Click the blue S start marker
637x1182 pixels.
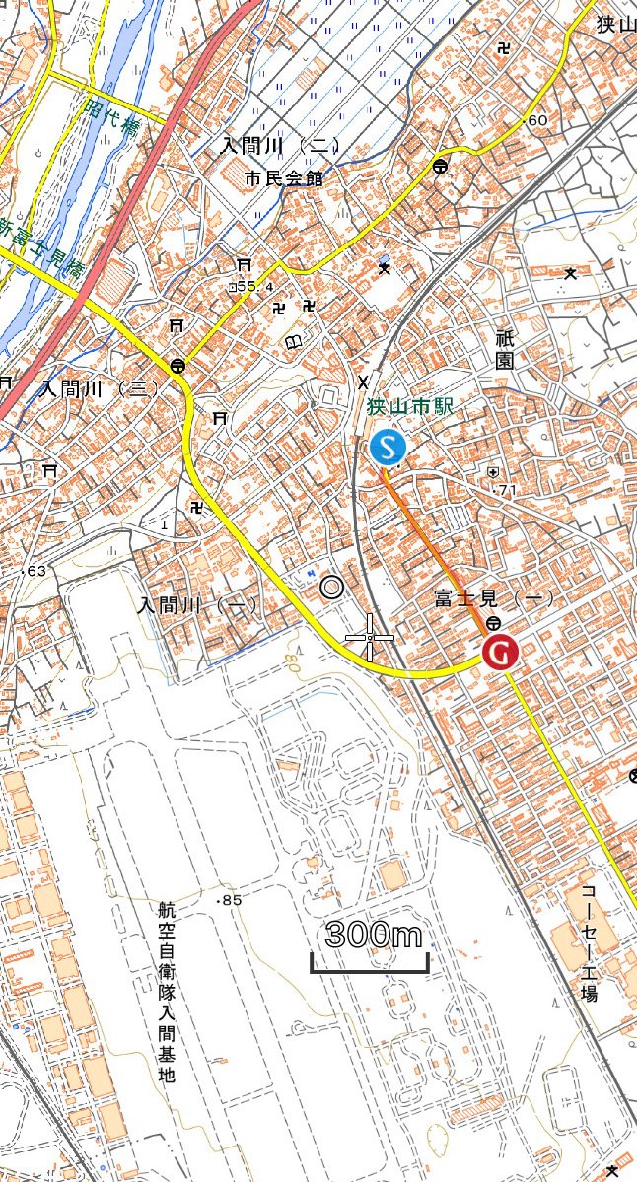(x=387, y=447)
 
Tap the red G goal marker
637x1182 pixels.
(x=501, y=652)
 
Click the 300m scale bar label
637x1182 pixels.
(x=373, y=935)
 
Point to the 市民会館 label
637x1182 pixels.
(x=284, y=179)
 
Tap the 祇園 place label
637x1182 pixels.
(x=504, y=349)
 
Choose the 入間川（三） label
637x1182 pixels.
(x=99, y=387)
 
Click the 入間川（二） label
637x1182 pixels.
(x=280, y=146)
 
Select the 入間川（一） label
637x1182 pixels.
(x=197, y=605)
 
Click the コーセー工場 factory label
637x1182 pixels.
(x=589, y=942)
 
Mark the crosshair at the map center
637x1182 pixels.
(x=370, y=638)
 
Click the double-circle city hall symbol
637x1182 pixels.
(x=332, y=589)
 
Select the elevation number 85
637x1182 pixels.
(x=232, y=900)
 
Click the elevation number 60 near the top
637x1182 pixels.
(x=537, y=120)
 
